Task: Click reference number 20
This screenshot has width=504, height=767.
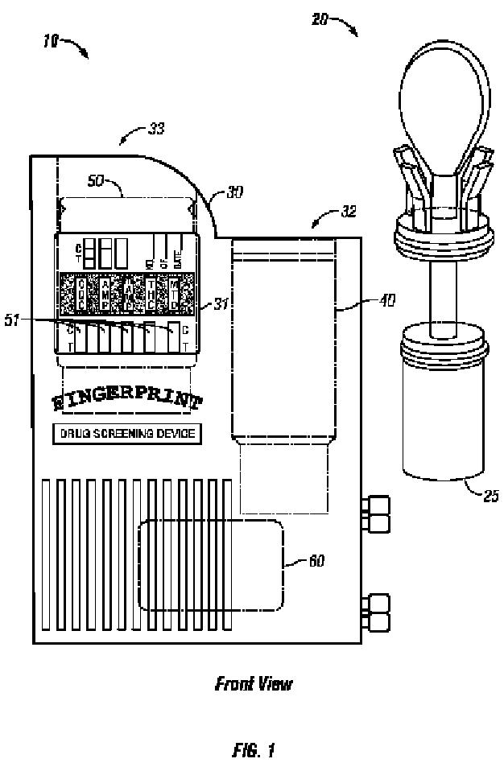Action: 320,19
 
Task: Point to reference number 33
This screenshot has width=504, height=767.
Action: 156,127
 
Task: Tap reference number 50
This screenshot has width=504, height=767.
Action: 96,182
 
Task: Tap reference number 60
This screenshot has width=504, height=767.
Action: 316,560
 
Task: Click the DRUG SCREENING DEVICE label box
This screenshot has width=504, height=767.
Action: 127,434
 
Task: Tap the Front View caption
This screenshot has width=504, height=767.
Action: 253,684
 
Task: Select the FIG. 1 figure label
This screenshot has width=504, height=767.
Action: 252,751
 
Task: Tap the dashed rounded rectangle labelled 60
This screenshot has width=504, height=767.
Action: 210,564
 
